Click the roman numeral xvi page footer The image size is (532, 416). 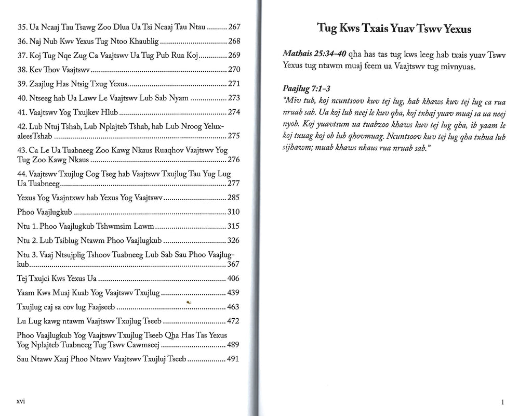(x=21, y=401)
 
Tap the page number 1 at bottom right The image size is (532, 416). (x=503, y=402)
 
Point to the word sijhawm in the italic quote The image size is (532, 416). (x=297, y=148)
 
